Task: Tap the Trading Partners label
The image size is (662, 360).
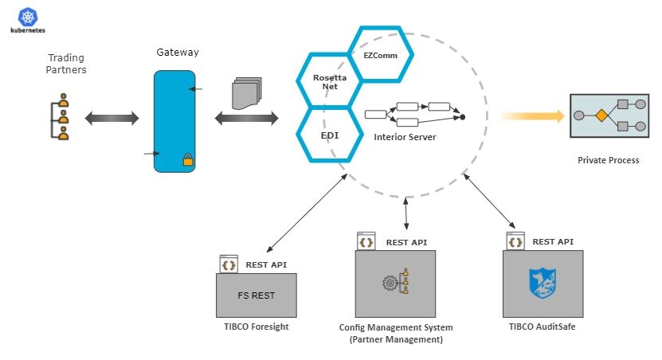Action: [x=67, y=64]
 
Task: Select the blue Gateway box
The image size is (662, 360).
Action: [x=174, y=120]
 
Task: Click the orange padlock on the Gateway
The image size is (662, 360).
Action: [x=188, y=160]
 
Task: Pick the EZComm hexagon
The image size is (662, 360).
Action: [x=382, y=55]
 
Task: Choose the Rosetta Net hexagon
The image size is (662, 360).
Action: [x=325, y=81]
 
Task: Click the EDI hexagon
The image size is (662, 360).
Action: [x=329, y=135]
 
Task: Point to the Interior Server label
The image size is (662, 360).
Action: [x=405, y=137]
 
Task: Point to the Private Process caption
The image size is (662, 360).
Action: [x=608, y=160]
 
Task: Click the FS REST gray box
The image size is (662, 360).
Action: [x=256, y=295]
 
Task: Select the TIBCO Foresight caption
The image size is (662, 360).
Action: [x=257, y=327]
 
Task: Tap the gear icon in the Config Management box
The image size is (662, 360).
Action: [x=390, y=282]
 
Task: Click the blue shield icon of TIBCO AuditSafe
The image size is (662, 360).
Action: [x=543, y=283]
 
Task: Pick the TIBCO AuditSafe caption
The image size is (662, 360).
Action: [x=542, y=327]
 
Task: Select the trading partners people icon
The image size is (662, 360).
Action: [x=63, y=119]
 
